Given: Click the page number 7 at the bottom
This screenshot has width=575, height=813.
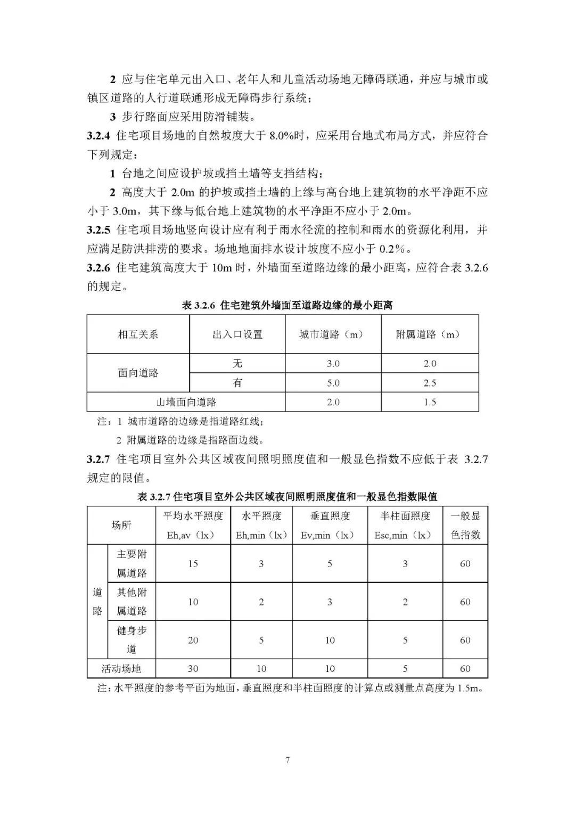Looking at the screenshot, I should coord(287,760).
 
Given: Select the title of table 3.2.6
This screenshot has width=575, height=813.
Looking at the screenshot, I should coord(287,306).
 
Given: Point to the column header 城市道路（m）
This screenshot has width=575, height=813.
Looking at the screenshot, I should coord(333,334).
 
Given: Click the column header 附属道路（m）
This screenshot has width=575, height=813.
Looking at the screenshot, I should coord(429,334).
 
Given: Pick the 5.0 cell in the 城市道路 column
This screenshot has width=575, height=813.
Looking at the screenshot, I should coord(333,383).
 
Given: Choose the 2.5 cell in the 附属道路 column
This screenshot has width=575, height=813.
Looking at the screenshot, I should coord(429,383).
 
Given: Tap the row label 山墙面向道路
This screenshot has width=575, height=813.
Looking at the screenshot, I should coord(186,402).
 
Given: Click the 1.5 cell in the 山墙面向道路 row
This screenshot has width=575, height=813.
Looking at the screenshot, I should coord(429,402).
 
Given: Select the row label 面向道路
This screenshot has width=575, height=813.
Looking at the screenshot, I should coord(138,373).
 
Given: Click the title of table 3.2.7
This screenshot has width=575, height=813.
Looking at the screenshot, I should coord(287,497).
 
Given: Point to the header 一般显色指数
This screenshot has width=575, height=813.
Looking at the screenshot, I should coord(465,525).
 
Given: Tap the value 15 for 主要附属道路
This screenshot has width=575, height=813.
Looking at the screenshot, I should coord(193,563).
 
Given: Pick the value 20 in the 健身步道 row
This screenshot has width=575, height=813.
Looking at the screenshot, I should coord(193,640).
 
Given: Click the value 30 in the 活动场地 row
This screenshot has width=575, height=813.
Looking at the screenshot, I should coord(193,669).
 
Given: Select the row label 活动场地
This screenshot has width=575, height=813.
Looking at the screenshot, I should coord(121,669).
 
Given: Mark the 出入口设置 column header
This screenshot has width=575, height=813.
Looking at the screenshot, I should coord(237,334).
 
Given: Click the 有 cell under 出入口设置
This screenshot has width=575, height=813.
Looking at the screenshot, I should coord(237,383).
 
